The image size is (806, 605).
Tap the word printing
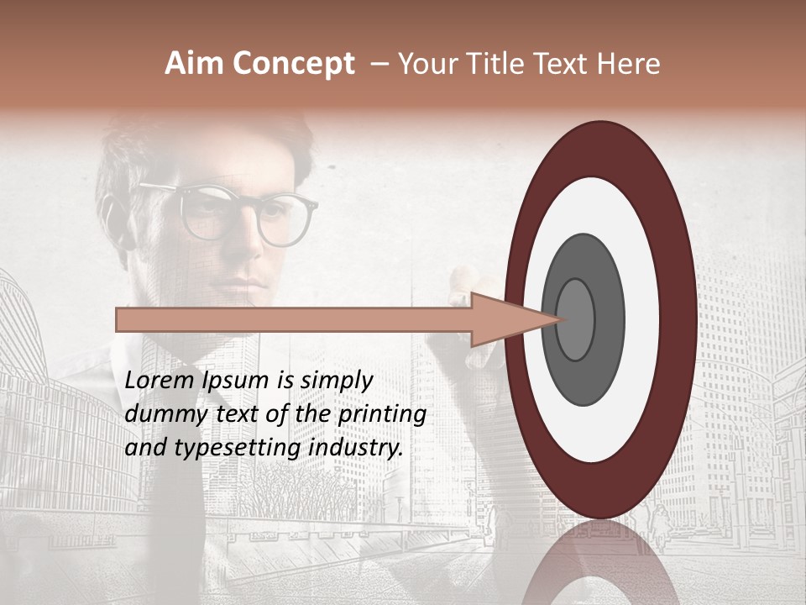(x=382, y=414)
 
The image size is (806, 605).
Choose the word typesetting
(x=219, y=448)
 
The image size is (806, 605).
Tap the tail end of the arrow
(x=118, y=319)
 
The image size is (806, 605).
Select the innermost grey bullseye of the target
(x=575, y=319)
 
